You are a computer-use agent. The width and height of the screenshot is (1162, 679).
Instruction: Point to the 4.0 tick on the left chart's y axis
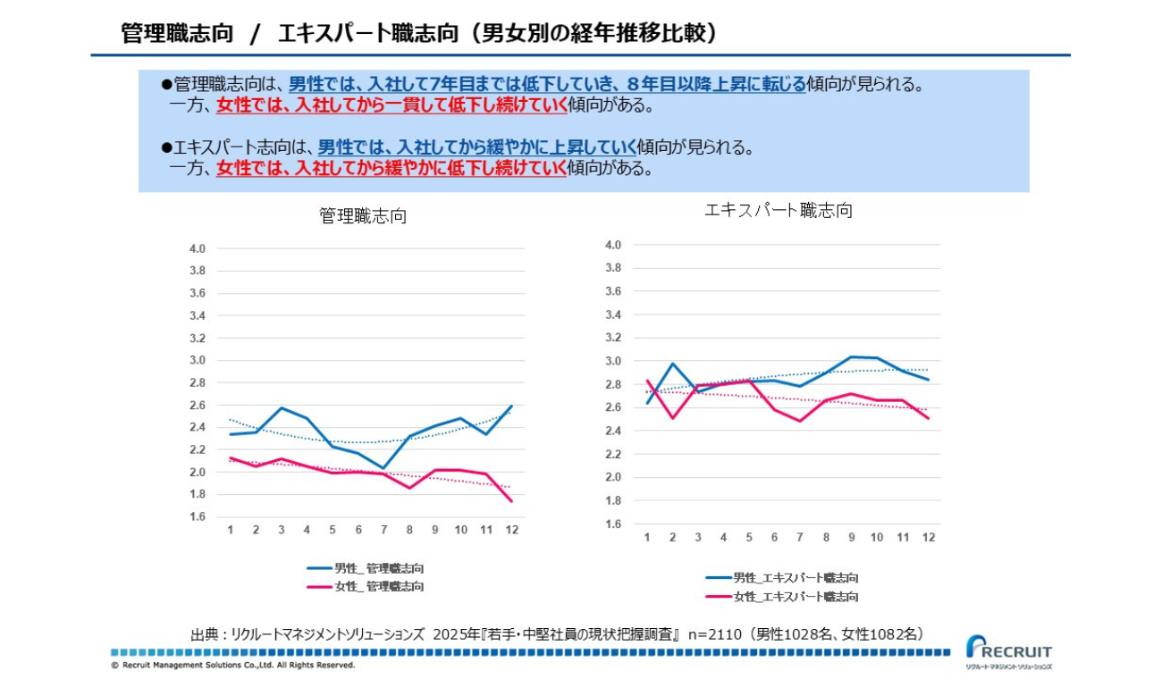tap(198, 248)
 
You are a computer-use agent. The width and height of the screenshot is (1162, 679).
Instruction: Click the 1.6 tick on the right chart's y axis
tap(612, 524)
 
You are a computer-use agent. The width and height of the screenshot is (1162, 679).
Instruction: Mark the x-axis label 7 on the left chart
tap(383, 530)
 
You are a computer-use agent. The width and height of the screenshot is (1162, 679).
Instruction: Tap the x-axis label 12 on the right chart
tap(929, 537)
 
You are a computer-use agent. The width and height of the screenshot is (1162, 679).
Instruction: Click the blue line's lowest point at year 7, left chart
tap(383, 468)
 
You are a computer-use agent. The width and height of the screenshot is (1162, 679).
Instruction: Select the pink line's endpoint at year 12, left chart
tap(510, 501)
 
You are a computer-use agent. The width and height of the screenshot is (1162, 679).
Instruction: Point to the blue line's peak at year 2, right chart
tap(672, 364)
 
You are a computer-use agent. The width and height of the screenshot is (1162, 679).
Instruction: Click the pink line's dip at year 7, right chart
tap(800, 421)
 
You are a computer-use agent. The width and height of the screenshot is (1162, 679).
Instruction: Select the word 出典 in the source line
tap(204, 634)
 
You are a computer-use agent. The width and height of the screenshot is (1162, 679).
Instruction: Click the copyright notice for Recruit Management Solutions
tap(232, 666)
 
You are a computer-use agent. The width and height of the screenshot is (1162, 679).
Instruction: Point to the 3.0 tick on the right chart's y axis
tap(612, 361)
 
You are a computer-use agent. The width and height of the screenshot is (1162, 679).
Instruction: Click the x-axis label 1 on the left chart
tap(230, 530)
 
